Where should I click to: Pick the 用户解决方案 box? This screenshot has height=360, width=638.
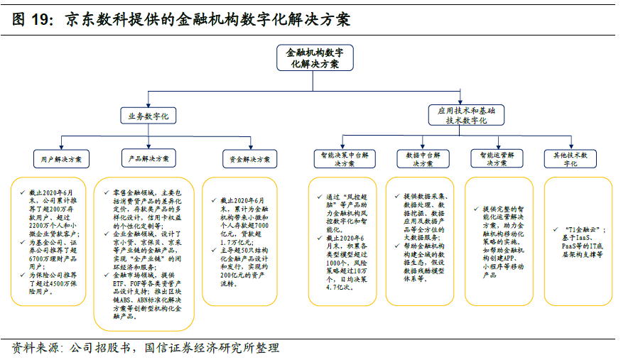coord(62,158)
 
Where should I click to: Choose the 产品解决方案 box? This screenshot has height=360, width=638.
coord(148,158)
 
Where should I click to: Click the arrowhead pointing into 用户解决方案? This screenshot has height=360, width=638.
coord(62,146)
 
